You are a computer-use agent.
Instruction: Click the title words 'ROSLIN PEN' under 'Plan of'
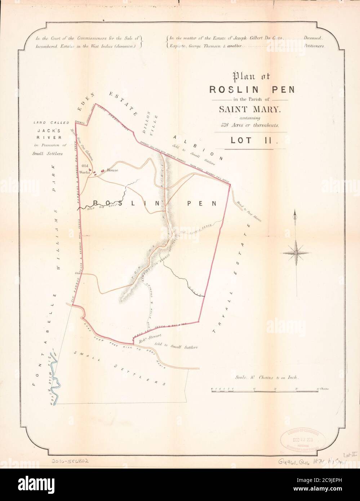click(248, 89)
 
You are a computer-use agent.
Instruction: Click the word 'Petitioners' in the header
click(316, 46)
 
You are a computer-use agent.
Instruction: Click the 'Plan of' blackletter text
click(249, 76)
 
